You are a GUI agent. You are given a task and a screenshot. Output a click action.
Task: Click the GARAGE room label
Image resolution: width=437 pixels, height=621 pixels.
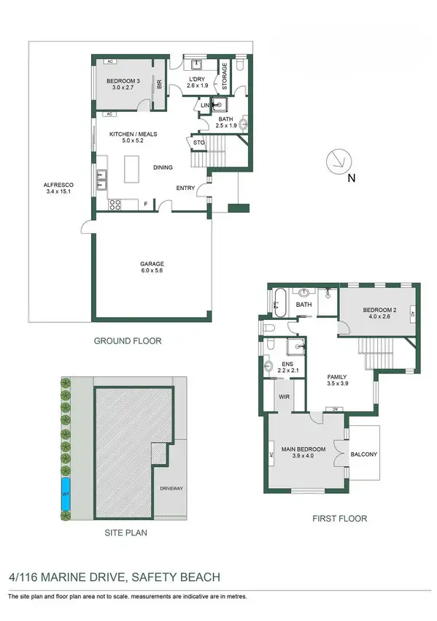(152, 263)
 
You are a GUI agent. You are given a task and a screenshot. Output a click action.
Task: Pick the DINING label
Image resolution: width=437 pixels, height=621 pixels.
(163, 168)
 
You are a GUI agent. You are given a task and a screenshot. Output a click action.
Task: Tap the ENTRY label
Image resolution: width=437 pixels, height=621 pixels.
(185, 188)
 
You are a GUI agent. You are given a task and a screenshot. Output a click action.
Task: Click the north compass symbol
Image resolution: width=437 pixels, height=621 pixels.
(341, 161)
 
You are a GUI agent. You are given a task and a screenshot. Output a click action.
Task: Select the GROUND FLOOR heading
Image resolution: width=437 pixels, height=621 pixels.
(128, 341)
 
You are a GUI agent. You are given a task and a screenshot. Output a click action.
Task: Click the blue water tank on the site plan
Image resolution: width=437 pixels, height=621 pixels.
(66, 495)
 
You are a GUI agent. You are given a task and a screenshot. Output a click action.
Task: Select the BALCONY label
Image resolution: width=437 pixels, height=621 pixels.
(364, 455)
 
